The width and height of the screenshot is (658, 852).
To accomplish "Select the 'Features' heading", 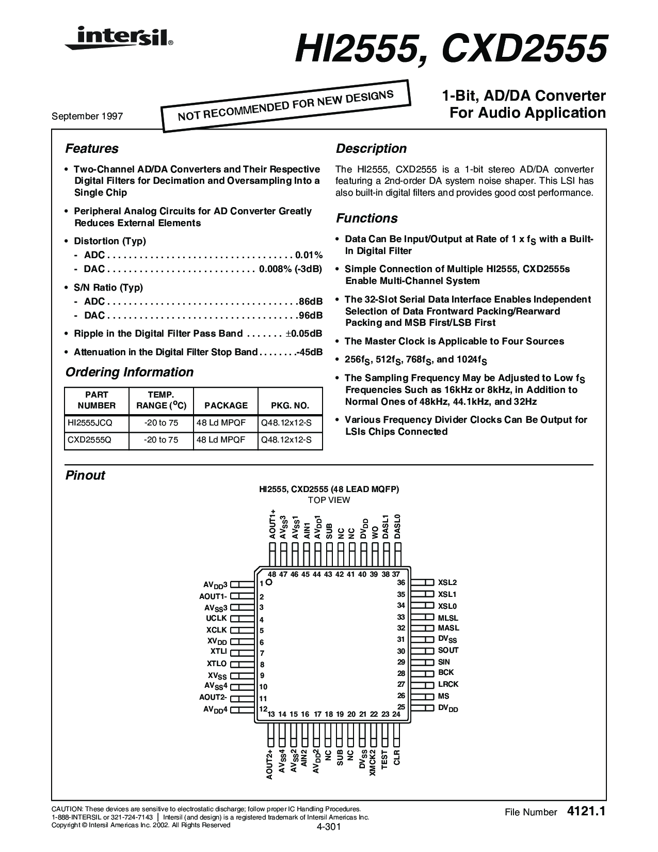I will coord(92,149).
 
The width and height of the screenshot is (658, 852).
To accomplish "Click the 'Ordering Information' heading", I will coord(130,372).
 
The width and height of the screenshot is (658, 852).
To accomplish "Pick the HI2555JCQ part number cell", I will coord(90,423).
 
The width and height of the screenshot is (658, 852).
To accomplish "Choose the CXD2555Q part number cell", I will coord(89,440).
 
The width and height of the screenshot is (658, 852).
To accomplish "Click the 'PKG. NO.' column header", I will coord(290,405).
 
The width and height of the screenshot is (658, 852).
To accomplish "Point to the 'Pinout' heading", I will coord(85,476).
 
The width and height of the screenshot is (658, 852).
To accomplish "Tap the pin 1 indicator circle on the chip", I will coord(269,582).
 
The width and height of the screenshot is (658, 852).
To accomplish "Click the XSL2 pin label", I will coord(447,582).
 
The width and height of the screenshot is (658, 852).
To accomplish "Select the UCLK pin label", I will coord(217,618).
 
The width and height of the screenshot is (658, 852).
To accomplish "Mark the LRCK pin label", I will coord(448,684).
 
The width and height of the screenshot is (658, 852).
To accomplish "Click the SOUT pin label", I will coord(448,651).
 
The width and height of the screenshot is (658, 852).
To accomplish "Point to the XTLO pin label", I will coord(217,664).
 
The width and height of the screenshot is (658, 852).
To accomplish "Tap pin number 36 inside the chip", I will coord(400,582).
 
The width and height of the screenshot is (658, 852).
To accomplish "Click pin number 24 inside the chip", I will coord(396,715).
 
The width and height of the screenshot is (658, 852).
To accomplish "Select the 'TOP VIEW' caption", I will coord(329,500).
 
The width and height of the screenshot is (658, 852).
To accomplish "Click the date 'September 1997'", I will coord(87,116).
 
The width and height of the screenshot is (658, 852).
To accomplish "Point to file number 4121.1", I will coord(585,812).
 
